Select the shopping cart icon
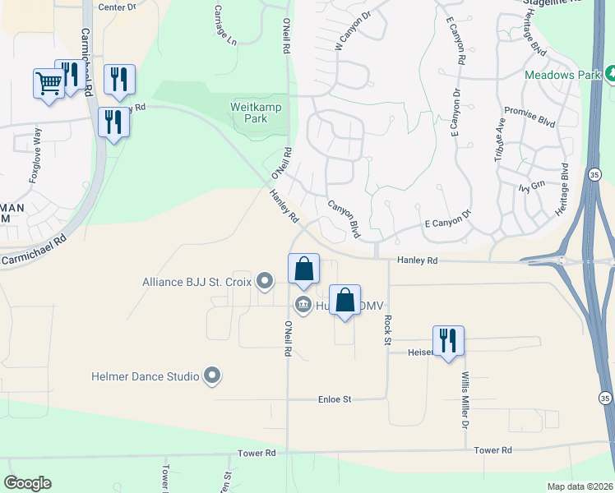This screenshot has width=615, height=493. [49, 82]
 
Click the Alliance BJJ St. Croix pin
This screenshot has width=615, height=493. [265, 282]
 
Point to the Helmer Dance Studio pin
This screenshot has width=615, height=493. [212, 376]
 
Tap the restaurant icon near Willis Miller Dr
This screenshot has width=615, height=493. [448, 339]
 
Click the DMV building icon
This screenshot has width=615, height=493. [302, 306]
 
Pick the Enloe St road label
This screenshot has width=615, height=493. [335, 399]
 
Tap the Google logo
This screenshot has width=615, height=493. [27, 483]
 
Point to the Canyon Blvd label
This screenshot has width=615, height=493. [344, 219]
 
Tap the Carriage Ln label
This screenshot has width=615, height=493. [224, 25]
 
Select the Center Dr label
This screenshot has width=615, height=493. [116, 7]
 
